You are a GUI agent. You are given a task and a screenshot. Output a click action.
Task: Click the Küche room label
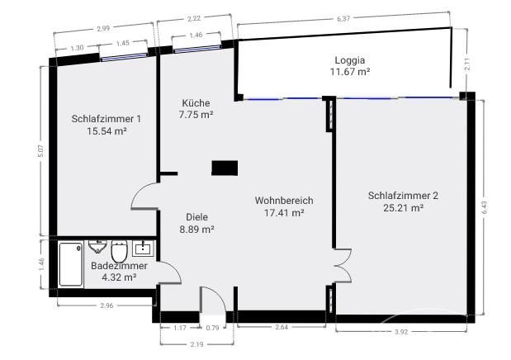[x=196, y=103]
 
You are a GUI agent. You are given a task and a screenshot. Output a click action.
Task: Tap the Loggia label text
[x=350, y=60]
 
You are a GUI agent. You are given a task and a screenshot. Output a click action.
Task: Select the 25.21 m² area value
[x=403, y=208]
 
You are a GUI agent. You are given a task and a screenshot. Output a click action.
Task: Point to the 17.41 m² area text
[x=284, y=213]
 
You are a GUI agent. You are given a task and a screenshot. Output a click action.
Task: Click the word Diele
[x=196, y=217]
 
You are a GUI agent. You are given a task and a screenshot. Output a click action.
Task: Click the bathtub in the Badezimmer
[x=71, y=264]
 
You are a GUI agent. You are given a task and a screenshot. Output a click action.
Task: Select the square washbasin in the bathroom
[x=143, y=249]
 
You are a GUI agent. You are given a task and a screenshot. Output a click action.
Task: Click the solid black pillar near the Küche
[x=225, y=168]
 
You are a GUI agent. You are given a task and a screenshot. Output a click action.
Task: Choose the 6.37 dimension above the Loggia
[x=343, y=19]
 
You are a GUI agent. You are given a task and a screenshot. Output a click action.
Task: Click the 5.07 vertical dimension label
[x=40, y=150]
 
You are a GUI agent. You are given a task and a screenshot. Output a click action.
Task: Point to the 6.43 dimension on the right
[x=484, y=207]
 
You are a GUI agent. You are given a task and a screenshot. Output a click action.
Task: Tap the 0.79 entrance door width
[x=212, y=328]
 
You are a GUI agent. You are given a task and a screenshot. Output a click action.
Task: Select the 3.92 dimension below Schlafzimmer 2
[x=401, y=332]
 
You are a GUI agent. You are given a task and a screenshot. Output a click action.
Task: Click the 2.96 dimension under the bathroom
[x=106, y=306]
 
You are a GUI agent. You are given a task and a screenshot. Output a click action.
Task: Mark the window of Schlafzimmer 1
[x=124, y=57]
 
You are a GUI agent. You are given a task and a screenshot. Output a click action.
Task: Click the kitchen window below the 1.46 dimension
[x=196, y=48]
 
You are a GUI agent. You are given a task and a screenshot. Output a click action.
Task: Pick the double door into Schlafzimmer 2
[x=343, y=266]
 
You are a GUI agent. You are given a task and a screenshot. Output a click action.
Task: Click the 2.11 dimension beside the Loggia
[x=467, y=64]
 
